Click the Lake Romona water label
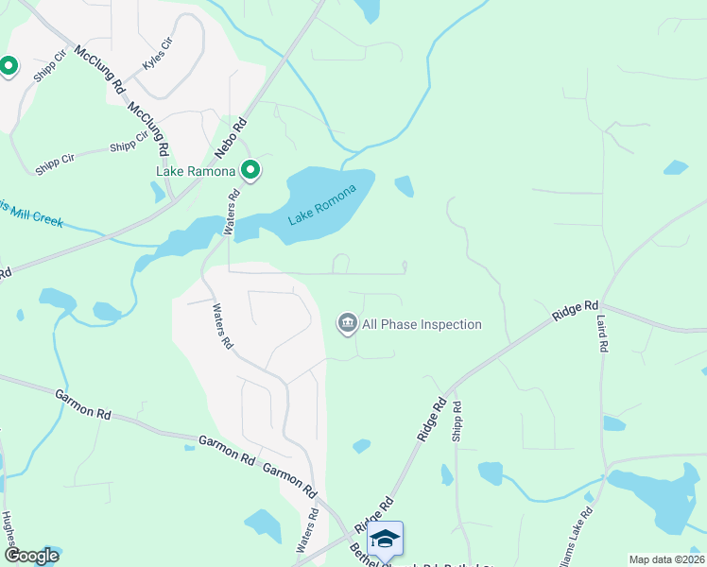(322, 204)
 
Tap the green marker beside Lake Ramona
(250, 171)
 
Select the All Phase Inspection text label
(422, 324)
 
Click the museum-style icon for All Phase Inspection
(347, 324)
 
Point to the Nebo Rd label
(231, 138)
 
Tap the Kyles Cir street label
(158, 54)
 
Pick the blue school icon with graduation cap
(386, 539)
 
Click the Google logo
(31, 556)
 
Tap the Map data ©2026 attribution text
(667, 559)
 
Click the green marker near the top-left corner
(9, 66)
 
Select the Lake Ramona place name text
(196, 171)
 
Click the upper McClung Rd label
(99, 69)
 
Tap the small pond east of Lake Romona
(405, 186)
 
